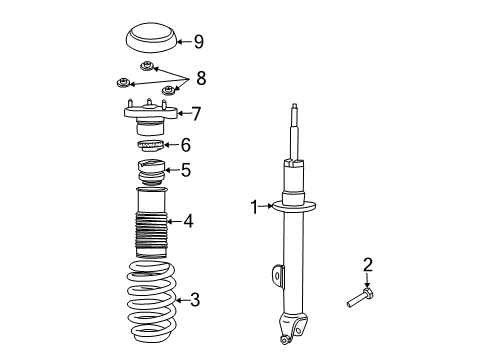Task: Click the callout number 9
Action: click(198, 41)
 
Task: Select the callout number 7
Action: click(196, 113)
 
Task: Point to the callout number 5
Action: click(185, 171)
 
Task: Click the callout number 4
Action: click(187, 221)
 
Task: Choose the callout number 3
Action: click(195, 298)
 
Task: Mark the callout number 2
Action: click(367, 263)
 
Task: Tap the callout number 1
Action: click(254, 207)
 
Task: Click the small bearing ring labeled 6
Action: click(149, 146)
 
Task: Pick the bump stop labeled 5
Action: click(150, 173)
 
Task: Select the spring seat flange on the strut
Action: click(296, 208)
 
